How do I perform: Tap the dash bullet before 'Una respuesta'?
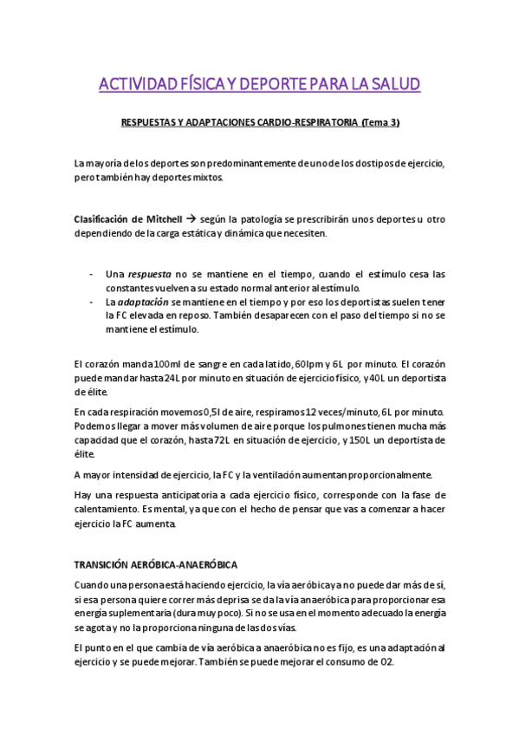coord(92,274)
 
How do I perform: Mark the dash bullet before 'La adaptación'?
coord(92,302)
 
